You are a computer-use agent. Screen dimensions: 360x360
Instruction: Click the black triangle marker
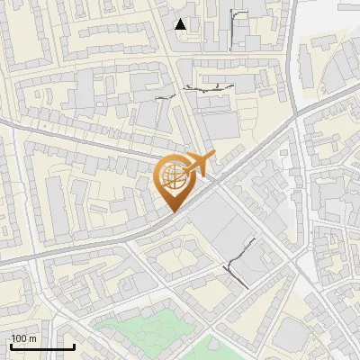tap(182, 24)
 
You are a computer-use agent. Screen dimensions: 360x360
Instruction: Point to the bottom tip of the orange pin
tap(172, 211)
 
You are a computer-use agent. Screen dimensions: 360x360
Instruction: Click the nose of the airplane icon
tap(212, 157)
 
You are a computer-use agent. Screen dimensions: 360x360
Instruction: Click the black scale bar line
tap(42, 347)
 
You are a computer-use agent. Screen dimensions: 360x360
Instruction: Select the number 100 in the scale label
tap(20, 339)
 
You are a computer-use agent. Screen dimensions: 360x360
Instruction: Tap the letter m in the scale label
tap(32, 339)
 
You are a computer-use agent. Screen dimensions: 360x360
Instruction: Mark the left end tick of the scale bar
tap(11, 346)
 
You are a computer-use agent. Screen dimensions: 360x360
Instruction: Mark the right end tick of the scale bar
tap(74, 346)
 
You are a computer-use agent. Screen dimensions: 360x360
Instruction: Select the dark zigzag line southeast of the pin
tap(238, 264)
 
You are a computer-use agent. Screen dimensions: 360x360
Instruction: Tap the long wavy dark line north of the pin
tap(208, 88)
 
